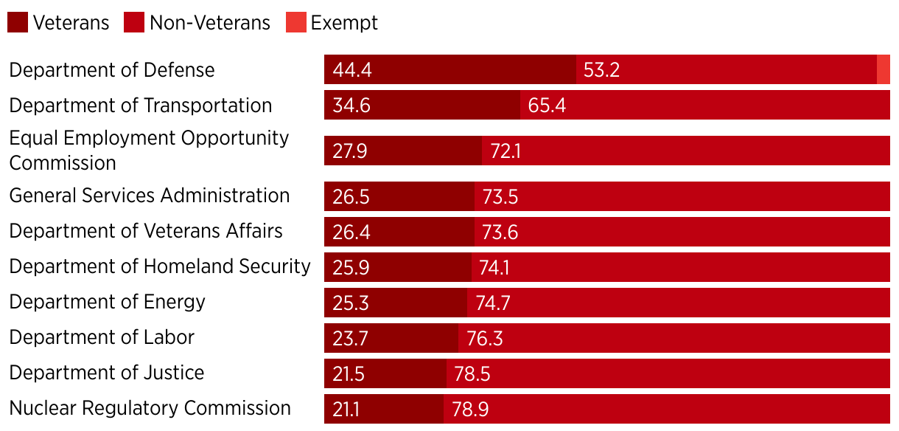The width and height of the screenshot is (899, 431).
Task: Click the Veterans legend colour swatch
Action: click(x=18, y=22)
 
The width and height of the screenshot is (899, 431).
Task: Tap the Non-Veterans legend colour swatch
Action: click(x=134, y=22)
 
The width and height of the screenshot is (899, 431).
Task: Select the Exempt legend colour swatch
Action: click(x=295, y=22)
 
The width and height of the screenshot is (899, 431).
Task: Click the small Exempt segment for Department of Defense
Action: click(x=884, y=70)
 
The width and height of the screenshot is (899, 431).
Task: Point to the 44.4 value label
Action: click(x=351, y=70)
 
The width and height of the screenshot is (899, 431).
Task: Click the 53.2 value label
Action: click(x=602, y=70)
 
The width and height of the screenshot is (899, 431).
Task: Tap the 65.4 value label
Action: click(x=547, y=106)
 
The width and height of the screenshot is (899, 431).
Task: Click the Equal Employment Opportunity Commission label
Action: click(x=149, y=150)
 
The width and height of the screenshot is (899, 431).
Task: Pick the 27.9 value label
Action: click(x=350, y=151)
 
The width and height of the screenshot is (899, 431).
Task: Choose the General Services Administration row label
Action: click(x=150, y=196)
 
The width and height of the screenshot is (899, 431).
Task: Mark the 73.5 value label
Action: click(x=501, y=197)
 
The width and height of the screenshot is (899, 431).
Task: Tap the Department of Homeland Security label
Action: click(x=160, y=266)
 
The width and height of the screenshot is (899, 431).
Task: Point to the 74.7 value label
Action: click(x=493, y=303)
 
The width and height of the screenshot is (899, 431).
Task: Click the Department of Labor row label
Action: click(x=102, y=337)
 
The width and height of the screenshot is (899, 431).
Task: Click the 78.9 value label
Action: click(x=470, y=410)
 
